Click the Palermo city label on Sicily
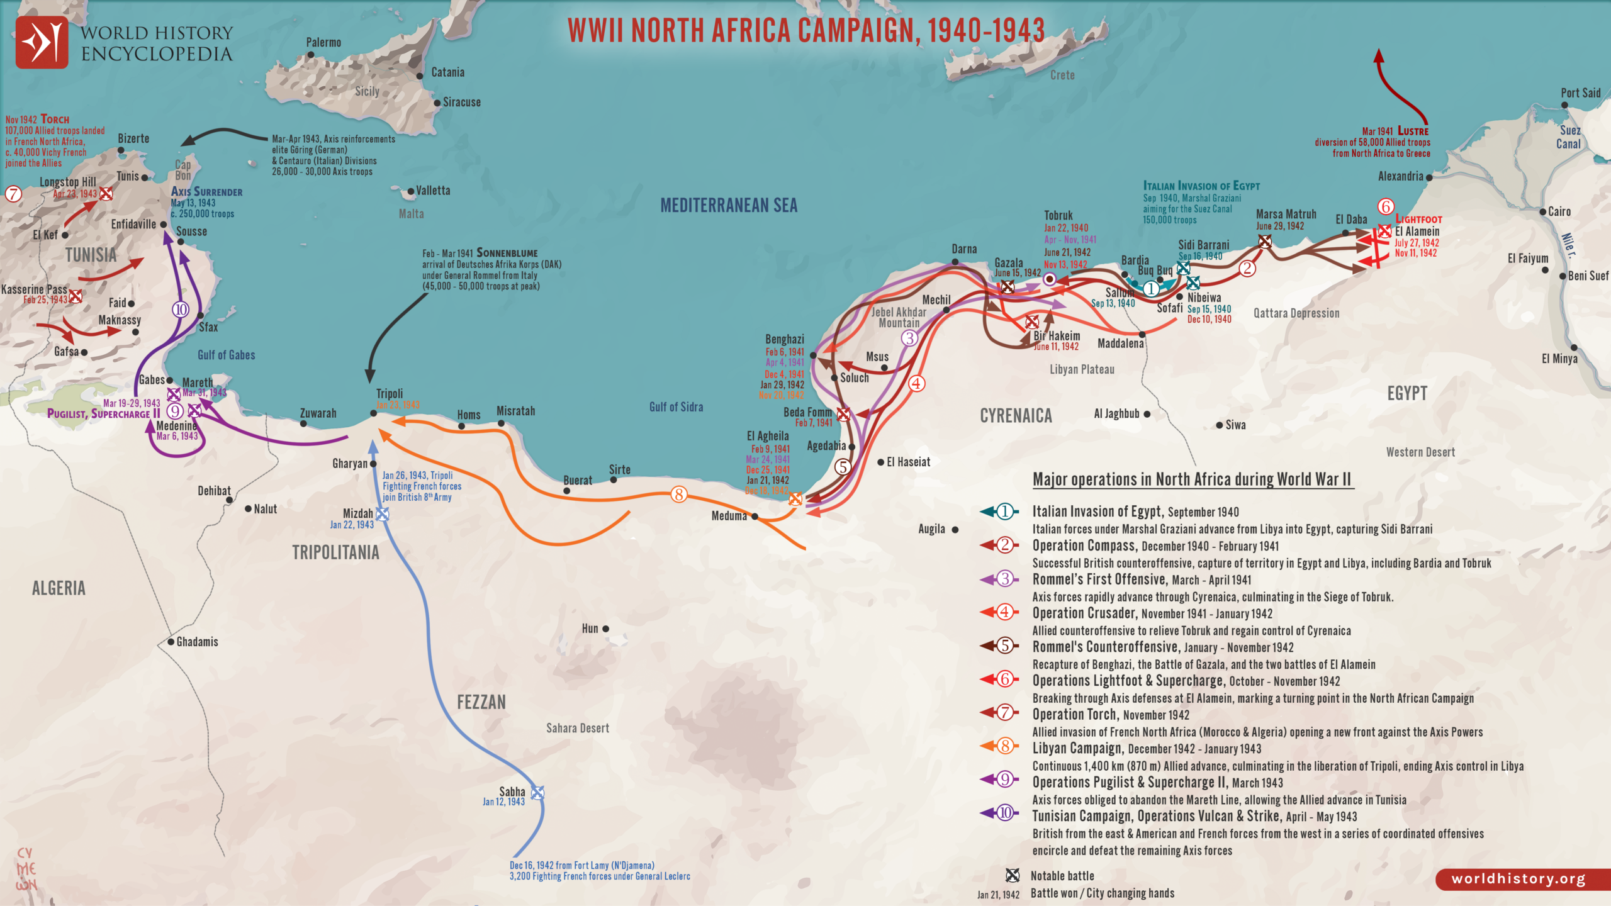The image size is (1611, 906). point(323,42)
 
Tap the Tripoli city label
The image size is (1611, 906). point(390,393)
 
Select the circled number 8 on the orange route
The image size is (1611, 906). point(678,495)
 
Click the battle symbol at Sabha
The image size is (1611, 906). point(537,793)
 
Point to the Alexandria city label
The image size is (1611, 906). point(1400,176)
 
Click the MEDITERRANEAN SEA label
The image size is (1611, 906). point(729,205)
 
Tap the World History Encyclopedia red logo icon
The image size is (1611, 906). point(42,42)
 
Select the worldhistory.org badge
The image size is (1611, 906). point(1518,879)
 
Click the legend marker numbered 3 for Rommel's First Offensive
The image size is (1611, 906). point(1005,579)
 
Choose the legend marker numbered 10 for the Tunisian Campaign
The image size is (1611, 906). point(1005,813)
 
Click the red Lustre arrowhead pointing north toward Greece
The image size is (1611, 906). point(1378,55)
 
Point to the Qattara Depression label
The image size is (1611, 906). point(1296,313)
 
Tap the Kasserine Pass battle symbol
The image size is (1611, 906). point(76,296)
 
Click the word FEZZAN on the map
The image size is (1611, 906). point(481,702)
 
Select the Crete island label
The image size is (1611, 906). point(1062,75)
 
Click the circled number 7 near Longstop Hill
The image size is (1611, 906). point(13,194)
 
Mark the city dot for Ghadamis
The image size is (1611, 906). point(171,642)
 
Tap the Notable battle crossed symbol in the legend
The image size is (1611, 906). point(1012,875)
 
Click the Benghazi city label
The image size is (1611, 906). point(784,339)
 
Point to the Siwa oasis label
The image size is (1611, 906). point(1235,425)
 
